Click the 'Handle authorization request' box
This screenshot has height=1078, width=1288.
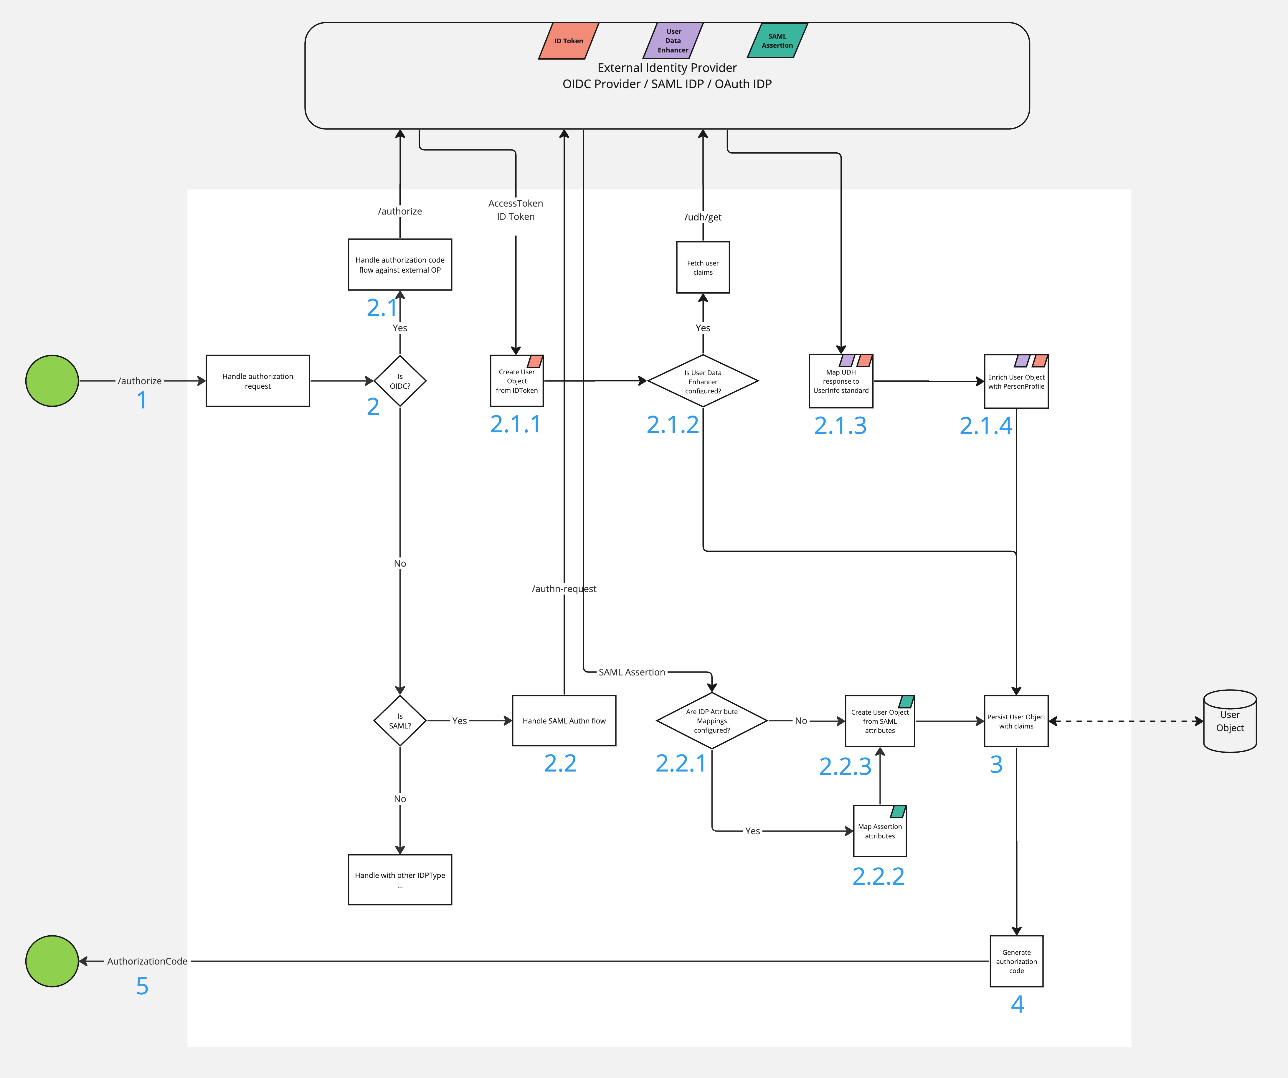pos(257,381)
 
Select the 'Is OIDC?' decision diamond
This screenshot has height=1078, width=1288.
pos(400,381)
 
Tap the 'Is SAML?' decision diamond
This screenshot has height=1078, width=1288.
pos(400,721)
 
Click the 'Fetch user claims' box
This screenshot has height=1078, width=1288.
pos(703,268)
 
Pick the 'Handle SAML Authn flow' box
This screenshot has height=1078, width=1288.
pos(564,721)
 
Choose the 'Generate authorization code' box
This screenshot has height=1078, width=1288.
pos(1016,961)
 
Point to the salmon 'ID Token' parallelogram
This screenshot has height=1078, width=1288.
pos(568,41)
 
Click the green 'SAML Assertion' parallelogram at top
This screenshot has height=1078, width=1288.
pos(777,41)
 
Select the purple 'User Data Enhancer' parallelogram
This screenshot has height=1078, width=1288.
pos(673,41)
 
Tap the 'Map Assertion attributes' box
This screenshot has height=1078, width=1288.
pos(879,831)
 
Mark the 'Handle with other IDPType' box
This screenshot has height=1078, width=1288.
pos(400,879)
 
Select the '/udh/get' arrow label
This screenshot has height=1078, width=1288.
pos(703,217)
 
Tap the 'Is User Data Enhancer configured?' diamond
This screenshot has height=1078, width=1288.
pos(703,381)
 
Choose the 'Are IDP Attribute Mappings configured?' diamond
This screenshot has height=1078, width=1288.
pos(711,721)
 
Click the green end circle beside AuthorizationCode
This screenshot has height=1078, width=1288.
pos(52,961)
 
